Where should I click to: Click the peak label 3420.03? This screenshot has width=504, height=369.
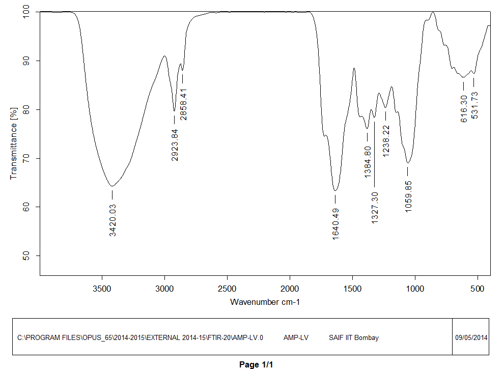[x=113, y=220]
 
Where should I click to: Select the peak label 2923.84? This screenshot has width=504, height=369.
[x=175, y=145]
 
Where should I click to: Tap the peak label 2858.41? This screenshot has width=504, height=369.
[x=183, y=104]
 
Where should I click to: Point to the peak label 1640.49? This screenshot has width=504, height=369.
[x=335, y=223]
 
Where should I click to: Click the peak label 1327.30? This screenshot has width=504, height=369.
[x=375, y=208]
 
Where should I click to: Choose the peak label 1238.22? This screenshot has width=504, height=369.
[x=386, y=140]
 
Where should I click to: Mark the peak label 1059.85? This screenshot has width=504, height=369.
[x=408, y=196]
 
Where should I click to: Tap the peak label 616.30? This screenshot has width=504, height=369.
[x=464, y=107]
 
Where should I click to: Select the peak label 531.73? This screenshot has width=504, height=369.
[x=474, y=105]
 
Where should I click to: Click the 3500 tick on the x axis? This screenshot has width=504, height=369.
[x=102, y=289]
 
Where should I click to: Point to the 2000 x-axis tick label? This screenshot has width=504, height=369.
[x=290, y=289]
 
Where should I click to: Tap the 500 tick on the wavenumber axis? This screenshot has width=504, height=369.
[x=478, y=289]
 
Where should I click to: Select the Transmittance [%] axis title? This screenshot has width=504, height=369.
[x=14, y=144]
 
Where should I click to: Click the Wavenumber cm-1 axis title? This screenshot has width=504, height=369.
[x=265, y=302]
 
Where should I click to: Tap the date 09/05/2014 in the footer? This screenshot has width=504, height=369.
[x=471, y=337]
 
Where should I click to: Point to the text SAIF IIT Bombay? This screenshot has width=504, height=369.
[x=354, y=337]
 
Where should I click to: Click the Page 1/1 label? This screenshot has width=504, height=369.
[x=256, y=364]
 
